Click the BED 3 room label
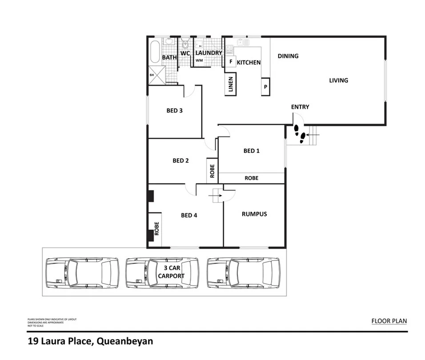coord(175,111)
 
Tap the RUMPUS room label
coord(254,214)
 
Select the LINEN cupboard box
coord(231,84)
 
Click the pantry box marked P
coord(265,86)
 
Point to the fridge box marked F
coord(230,62)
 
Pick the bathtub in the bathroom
coord(155,52)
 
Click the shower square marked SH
coord(157,75)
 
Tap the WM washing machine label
coord(199,60)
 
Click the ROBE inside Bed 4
coord(156,228)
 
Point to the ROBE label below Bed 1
coord(251,178)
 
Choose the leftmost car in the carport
coord(82,273)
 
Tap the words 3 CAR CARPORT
coord(171,272)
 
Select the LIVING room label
coord(338,80)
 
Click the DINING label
coord(288,56)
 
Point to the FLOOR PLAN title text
coord(389,321)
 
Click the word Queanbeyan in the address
coord(124,342)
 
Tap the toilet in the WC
coord(185,44)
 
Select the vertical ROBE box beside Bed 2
coord(212,171)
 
